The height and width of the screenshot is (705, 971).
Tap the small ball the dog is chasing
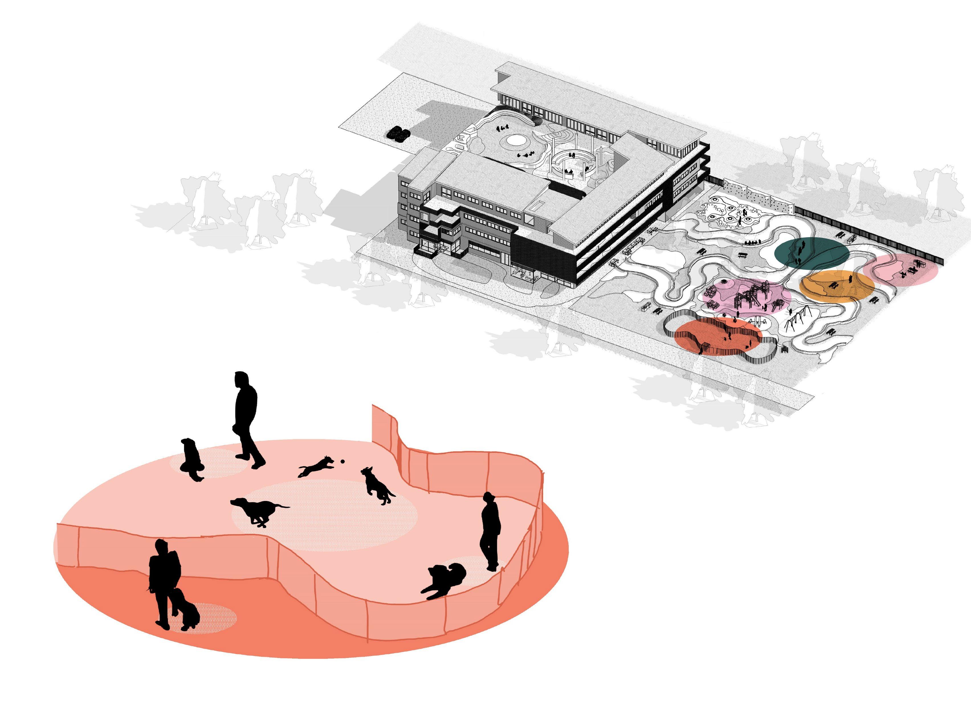(x=342, y=461)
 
